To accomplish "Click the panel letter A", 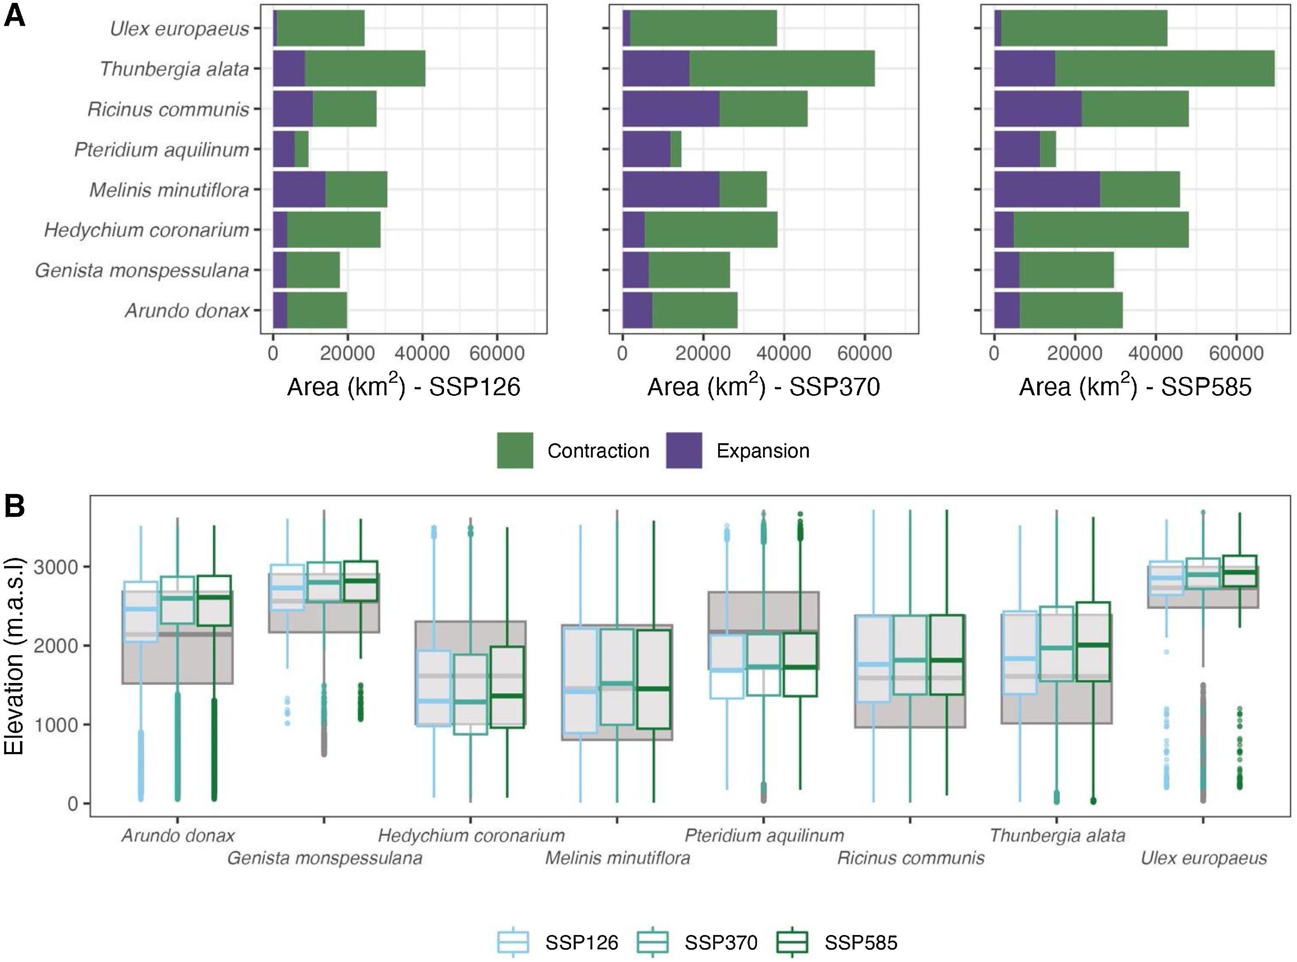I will click(x=15, y=16).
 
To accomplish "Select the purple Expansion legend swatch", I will click(x=684, y=450).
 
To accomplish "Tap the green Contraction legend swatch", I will click(x=515, y=450).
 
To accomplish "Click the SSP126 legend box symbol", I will click(x=513, y=942).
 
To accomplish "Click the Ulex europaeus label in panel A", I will click(x=179, y=29).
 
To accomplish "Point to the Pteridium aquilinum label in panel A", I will click(x=161, y=150).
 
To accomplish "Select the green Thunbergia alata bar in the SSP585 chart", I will click(x=1165, y=69).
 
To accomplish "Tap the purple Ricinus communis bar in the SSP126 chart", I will click(x=292, y=109).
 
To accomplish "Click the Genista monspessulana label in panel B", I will click(x=324, y=858).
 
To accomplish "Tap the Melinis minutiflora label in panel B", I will click(x=617, y=858).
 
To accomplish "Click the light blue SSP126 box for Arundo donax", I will click(x=141, y=612).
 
